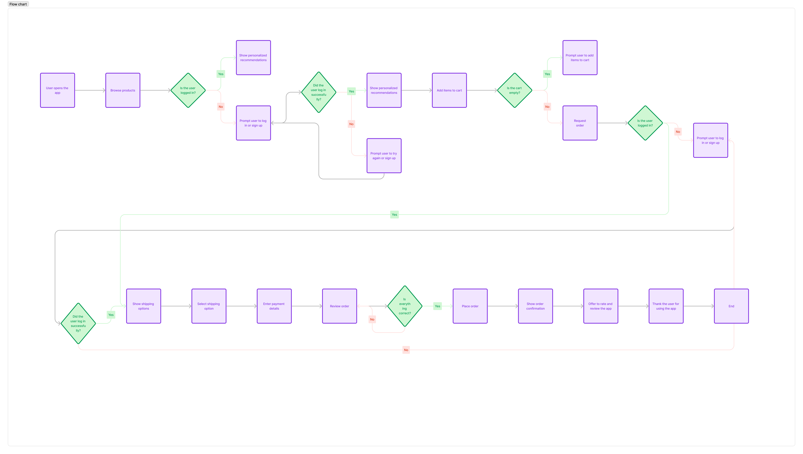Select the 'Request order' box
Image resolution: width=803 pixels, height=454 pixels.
tap(580, 123)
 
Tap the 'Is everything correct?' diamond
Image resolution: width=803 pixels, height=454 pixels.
tap(405, 306)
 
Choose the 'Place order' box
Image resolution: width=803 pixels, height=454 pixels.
tap(470, 306)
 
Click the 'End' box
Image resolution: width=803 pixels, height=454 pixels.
tap(731, 306)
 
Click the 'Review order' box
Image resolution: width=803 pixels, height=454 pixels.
tap(339, 306)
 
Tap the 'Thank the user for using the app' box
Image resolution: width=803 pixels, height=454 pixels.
tap(666, 306)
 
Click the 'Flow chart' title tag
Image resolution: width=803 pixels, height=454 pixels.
tap(18, 4)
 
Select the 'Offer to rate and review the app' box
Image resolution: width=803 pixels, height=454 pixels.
tap(601, 306)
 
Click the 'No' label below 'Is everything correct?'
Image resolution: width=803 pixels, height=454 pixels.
tap(372, 319)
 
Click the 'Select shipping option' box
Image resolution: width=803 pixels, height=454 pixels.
tap(209, 306)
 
